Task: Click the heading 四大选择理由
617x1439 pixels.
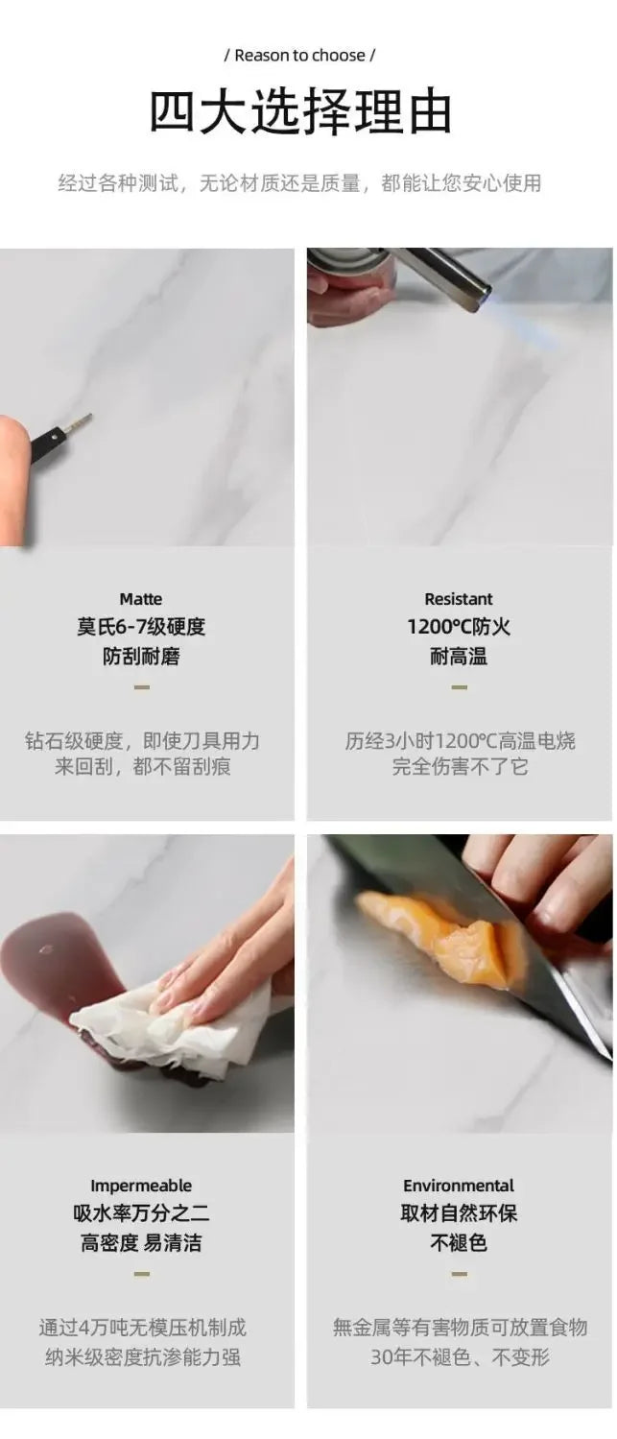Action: point(300,111)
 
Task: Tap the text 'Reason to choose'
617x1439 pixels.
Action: point(299,56)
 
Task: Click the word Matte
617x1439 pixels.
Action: point(141,599)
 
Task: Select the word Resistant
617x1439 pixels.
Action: point(459,599)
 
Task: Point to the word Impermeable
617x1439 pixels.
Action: point(141,1186)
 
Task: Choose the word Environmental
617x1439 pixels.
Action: point(459,1186)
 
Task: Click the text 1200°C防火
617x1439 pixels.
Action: point(459,626)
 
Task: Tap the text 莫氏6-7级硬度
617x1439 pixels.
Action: point(141,626)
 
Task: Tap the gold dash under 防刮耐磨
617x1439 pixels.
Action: point(141,686)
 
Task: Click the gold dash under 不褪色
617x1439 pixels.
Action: point(459,1273)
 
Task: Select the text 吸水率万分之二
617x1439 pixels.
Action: point(141,1213)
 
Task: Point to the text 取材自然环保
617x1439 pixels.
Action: point(459,1213)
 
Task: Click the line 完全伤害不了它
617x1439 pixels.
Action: point(460,766)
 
